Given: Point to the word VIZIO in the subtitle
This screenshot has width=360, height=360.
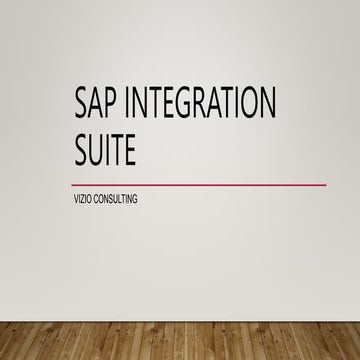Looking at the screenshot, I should click(x=84, y=199).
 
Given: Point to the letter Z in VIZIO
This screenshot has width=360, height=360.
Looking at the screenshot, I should click(x=84, y=199).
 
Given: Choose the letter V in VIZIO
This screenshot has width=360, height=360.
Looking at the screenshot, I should click(x=77, y=199).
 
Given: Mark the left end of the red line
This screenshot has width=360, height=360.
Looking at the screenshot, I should click(x=75, y=184).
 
